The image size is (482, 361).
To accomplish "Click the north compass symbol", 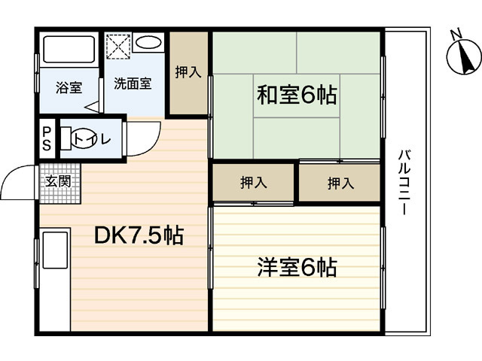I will [460, 55].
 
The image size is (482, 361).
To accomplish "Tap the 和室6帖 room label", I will [297, 96].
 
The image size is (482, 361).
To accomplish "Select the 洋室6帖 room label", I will [297, 267].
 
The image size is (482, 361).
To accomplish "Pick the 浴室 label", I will [69, 87].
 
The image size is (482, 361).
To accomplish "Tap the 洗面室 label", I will [133, 83].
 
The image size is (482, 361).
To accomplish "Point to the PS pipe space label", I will [47, 139].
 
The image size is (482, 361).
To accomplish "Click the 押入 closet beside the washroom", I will [188, 73].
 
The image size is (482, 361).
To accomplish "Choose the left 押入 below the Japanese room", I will [252, 183].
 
